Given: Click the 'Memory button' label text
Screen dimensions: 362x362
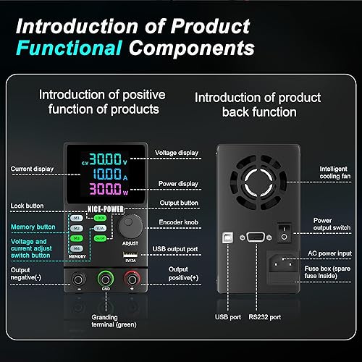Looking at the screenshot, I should click(x=32, y=226).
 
